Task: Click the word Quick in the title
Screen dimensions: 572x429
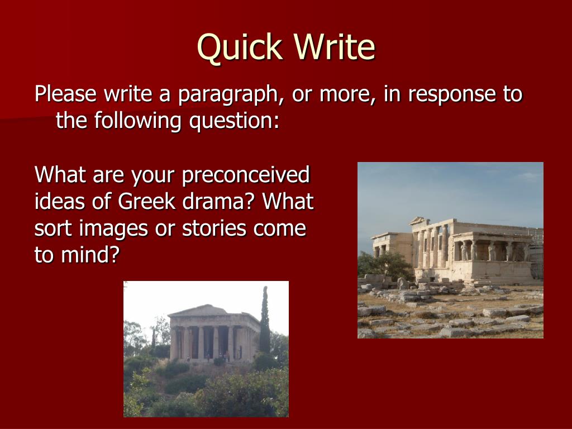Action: [x=240, y=47]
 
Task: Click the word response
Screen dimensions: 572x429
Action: [x=452, y=95]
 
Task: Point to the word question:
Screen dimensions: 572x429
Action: [x=234, y=122]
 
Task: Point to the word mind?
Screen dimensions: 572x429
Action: [x=90, y=255]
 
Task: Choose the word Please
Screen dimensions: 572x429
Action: [x=66, y=94]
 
